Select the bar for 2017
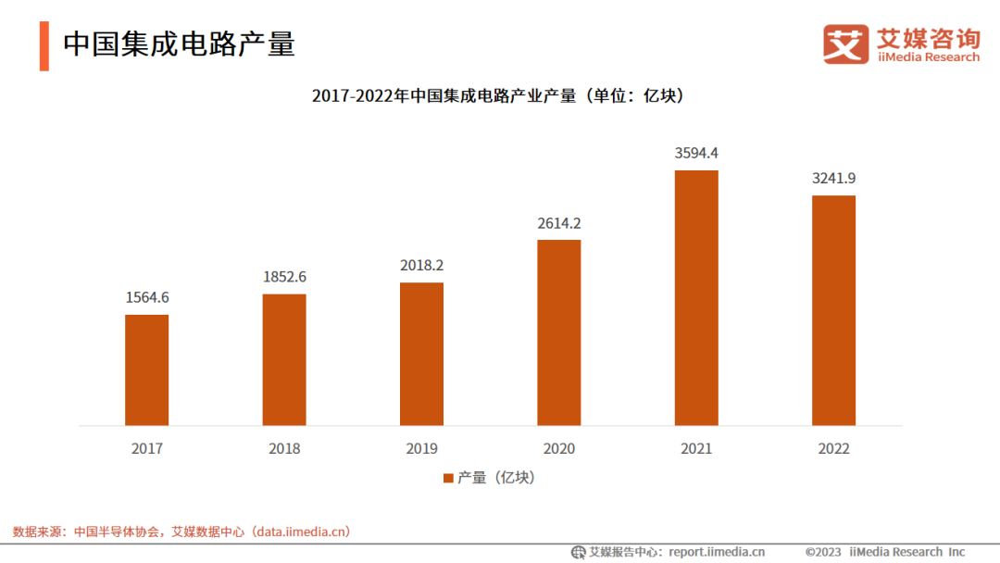tap(147, 370)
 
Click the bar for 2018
tap(284, 360)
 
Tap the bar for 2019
tap(421, 354)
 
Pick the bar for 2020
tap(559, 332)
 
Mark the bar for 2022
tap(833, 310)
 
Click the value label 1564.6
tap(147, 297)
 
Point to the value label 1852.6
tap(284, 276)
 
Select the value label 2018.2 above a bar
tap(421, 265)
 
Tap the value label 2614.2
tap(559, 222)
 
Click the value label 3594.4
tap(696, 153)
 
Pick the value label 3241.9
tap(833, 178)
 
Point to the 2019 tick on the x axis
tap(421, 449)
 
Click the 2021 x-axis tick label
tap(696, 449)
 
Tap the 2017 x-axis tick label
tap(147, 449)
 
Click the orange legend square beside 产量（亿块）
tap(448, 478)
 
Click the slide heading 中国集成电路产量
tap(179, 44)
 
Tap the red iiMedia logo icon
tap(846, 44)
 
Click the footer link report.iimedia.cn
tap(717, 552)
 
